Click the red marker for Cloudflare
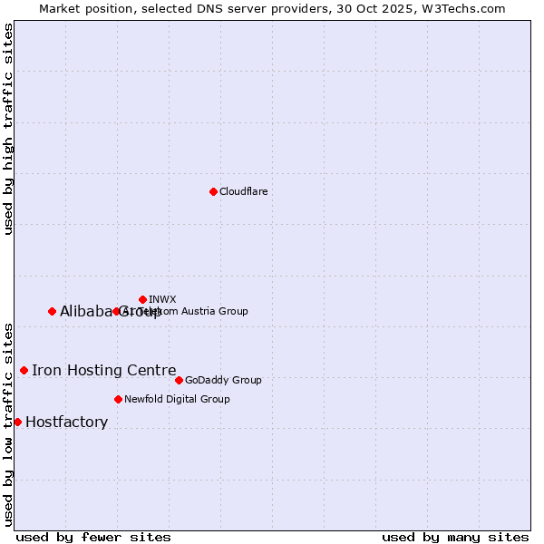[213, 191]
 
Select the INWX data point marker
[142, 299]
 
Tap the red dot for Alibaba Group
[52, 311]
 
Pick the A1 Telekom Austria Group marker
[116, 311]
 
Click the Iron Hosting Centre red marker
[24, 370]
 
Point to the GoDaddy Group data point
[179, 380]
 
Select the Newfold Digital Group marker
[118, 399]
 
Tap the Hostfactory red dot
[17, 422]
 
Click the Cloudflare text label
[243, 191]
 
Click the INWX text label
[162, 299]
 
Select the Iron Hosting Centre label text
[104, 370]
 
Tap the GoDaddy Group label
[223, 380]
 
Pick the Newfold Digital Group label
[177, 399]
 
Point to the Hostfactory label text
[67, 422]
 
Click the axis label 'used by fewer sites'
[93, 537]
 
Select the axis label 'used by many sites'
[455, 537]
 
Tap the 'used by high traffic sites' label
[8, 129]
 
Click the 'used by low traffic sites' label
[8, 423]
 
